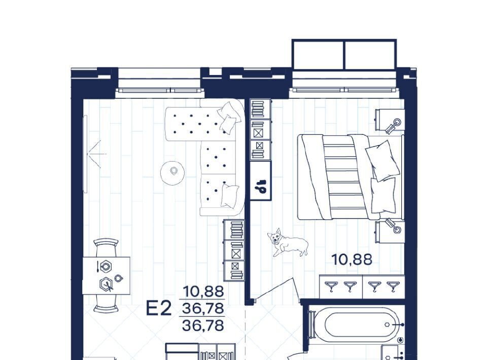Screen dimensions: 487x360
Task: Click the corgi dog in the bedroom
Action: point(287,242)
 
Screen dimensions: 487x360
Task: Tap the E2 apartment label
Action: point(159,308)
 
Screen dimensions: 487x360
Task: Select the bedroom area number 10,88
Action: point(352,260)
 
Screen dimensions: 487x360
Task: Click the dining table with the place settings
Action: point(106,276)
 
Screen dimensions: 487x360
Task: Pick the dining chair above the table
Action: point(106,247)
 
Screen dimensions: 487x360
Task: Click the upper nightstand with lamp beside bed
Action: point(390,120)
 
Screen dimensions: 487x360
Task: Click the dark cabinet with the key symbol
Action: point(261,181)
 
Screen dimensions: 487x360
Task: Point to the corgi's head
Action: point(275,237)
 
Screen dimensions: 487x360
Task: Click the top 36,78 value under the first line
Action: point(203,308)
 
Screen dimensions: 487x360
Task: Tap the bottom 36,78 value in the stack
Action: point(203,326)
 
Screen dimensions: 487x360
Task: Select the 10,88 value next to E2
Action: point(203,292)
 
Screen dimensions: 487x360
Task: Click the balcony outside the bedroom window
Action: point(344,54)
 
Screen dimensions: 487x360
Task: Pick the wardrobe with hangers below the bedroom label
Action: point(362,286)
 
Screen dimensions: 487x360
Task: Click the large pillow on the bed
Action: point(382,160)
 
